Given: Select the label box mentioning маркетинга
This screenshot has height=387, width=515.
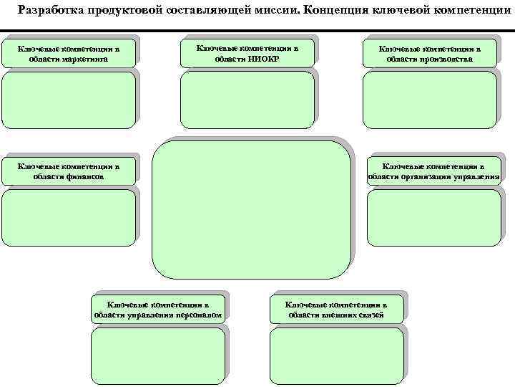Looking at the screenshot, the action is (69, 54).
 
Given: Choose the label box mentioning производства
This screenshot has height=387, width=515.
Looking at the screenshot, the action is (430, 54).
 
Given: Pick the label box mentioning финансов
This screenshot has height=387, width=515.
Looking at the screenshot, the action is (69, 171).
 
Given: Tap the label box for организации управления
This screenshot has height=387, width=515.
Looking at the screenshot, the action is (433, 171).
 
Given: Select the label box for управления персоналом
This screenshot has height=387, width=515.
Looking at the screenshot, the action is (158, 309).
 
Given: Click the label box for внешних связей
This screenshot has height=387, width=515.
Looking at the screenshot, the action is (336, 309).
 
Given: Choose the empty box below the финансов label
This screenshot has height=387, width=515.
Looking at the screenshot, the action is (68, 216).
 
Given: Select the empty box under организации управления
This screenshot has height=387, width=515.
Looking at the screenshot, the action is (433, 216).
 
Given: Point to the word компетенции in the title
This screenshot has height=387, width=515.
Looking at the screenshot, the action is (473, 10).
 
